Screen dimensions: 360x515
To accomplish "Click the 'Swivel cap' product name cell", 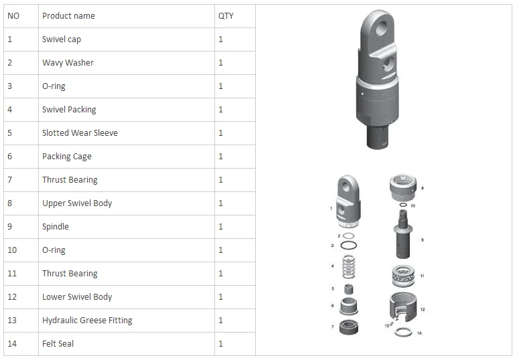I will point(62,39).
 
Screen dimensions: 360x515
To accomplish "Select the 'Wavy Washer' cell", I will point(68,63).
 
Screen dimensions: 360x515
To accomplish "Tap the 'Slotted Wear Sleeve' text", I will point(80,133).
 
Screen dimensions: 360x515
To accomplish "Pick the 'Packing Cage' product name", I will point(67,157).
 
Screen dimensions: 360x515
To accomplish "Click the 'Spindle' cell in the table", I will point(56,227).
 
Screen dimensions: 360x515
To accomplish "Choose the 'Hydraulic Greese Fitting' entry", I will point(87,321).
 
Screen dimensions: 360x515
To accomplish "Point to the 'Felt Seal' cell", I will point(58,344).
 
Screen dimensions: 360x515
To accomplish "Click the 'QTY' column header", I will point(226,16).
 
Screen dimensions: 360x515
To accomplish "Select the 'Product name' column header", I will point(68,16).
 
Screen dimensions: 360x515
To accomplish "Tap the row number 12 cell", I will point(12,297).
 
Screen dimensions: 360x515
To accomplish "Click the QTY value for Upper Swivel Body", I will point(221,203).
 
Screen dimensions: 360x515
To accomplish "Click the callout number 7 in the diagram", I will point(332,327).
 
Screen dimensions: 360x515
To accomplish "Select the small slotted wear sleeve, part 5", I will point(349,290).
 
